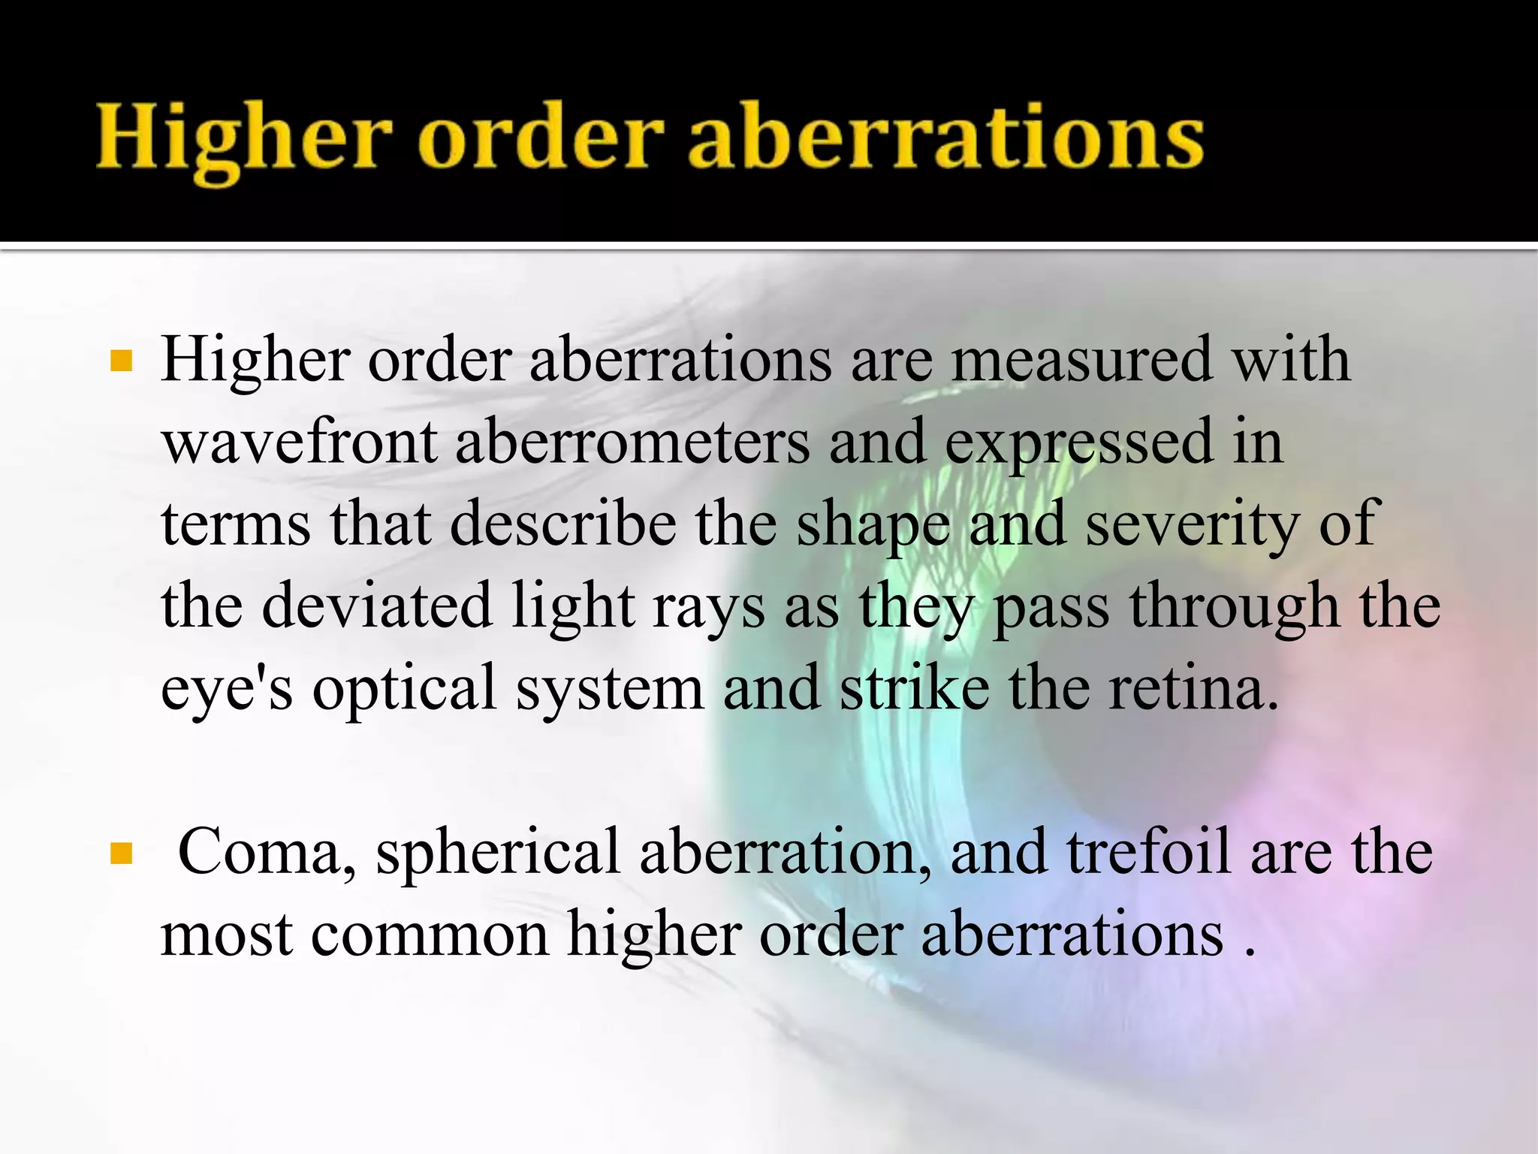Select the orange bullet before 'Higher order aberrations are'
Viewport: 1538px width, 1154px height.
(x=121, y=361)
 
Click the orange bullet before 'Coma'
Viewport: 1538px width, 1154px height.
(x=121, y=853)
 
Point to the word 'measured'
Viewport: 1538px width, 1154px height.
(x=1081, y=361)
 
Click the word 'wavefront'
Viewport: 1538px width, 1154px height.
(x=300, y=443)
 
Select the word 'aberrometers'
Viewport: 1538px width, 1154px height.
(x=632, y=443)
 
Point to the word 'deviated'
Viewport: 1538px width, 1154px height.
(x=377, y=606)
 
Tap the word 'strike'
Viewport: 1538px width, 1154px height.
(x=915, y=688)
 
